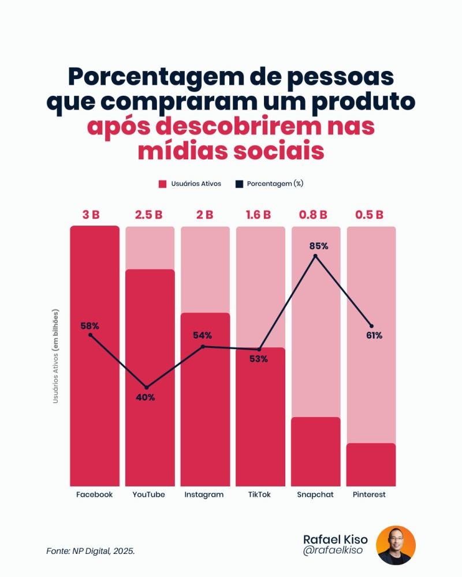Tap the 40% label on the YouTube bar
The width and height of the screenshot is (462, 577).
(x=145, y=398)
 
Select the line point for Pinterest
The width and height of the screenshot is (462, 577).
(x=371, y=326)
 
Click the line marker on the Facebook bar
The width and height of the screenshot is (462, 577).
(x=90, y=335)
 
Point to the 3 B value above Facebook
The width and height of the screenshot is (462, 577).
(x=91, y=215)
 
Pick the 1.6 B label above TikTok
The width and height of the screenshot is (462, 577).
(x=258, y=215)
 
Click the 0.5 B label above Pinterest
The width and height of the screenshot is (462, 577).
(x=370, y=215)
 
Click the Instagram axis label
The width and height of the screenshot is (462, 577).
(x=204, y=495)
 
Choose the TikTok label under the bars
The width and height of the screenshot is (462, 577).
(x=259, y=495)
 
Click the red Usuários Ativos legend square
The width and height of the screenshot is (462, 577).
(x=162, y=184)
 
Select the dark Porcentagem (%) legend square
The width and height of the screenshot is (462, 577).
(x=239, y=184)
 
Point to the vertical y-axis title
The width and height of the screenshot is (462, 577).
(x=56, y=355)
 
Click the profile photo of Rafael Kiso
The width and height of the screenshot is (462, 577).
(x=396, y=545)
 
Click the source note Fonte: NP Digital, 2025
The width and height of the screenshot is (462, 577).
(x=91, y=552)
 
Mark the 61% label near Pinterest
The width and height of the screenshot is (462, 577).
(x=374, y=336)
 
